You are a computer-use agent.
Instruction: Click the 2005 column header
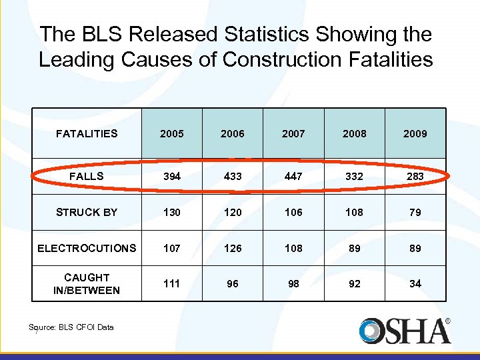coord(171,133)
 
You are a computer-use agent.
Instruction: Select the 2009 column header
coord(415,133)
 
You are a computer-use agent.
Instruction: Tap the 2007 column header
coord(293,133)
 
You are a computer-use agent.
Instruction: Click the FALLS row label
coord(87,176)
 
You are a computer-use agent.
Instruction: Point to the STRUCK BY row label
coord(87,212)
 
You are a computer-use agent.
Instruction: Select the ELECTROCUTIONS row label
coord(87,248)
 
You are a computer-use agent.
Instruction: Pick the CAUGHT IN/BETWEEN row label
coord(87,283)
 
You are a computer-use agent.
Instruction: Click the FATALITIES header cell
coord(87,133)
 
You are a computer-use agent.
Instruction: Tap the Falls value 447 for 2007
coord(293,176)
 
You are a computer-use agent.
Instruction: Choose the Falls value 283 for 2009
coord(415,176)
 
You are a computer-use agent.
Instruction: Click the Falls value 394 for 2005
coord(171,176)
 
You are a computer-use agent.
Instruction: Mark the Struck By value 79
coord(415,212)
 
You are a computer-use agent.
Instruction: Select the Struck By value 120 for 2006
coord(232,212)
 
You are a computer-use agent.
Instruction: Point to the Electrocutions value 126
coord(232,248)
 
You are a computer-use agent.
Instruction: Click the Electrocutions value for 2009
coord(415,248)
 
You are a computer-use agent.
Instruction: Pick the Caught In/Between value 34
coord(415,283)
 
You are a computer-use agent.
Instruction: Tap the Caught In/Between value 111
coord(171,283)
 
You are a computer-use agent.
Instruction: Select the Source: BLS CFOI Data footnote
coord(71,327)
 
